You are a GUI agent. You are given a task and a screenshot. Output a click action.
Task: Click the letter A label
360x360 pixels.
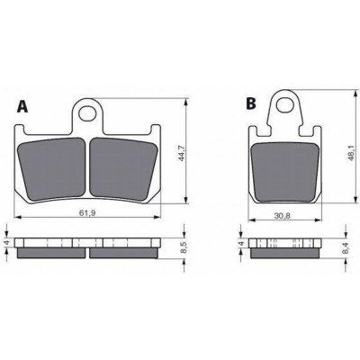click(22, 106)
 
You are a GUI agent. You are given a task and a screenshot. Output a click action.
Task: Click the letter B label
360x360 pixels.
click(251, 103)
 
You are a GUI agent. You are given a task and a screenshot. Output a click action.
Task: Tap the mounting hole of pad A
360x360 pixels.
click(87, 113)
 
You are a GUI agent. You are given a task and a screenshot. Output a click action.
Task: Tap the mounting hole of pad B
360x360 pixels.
click(284, 104)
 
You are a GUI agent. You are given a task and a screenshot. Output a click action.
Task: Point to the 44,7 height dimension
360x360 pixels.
click(181, 153)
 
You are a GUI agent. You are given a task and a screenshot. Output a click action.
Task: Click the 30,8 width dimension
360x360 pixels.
click(282, 215)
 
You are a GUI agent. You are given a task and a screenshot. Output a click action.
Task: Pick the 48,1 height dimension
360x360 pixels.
click(351, 155)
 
